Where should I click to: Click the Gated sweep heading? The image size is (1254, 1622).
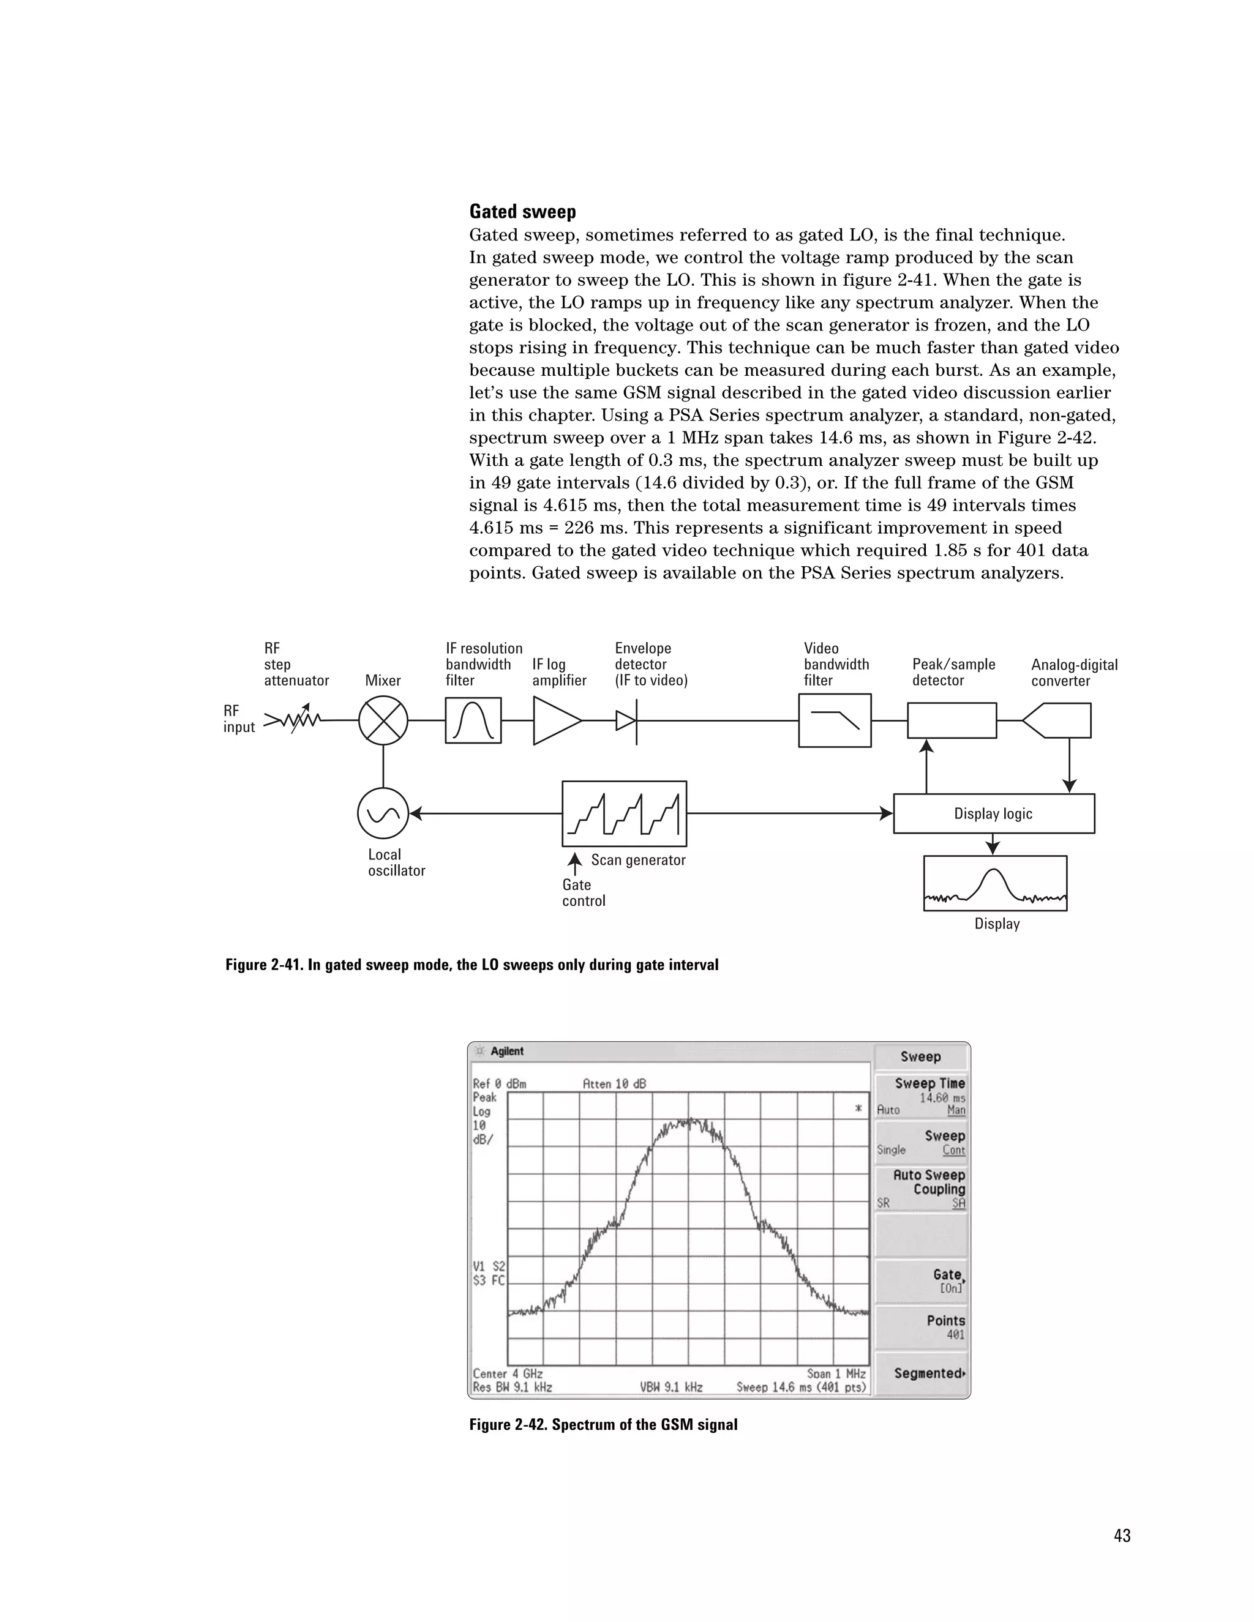pos(522,212)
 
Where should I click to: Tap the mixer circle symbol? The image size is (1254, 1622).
pos(383,720)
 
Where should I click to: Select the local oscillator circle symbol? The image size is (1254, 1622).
pos(383,813)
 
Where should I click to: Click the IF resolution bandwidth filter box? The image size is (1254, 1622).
pos(473,720)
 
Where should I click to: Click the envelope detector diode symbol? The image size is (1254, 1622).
pos(627,720)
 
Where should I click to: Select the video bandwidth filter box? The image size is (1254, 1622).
pos(835,720)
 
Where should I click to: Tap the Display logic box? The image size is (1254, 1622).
pos(993,813)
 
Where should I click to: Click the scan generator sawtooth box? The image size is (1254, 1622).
pos(624,813)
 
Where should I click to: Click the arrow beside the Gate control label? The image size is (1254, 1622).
pos(575,863)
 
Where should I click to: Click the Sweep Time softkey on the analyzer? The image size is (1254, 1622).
pos(921,1096)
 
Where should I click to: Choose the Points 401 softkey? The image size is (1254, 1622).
pos(921,1327)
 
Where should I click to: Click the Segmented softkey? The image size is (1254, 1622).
pos(921,1373)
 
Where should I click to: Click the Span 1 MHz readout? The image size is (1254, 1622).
pos(836,1374)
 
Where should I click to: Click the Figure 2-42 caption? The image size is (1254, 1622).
pos(603,1424)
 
